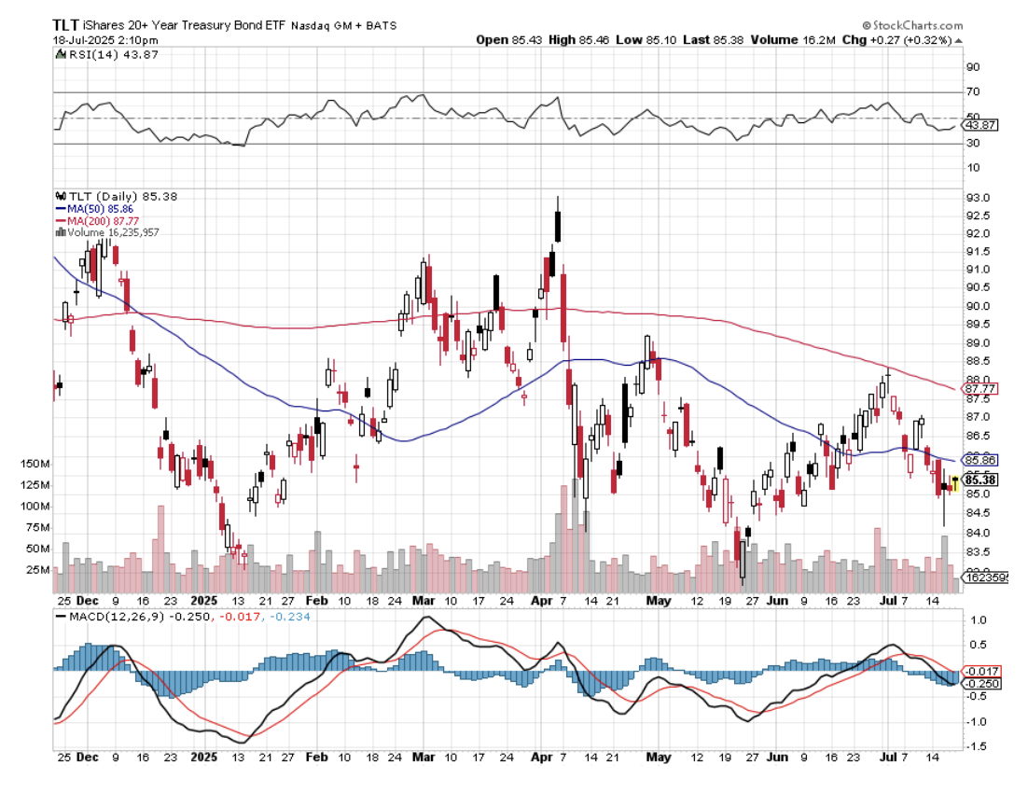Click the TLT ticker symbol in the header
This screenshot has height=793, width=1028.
point(65,25)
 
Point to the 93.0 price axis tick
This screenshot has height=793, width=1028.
point(979,198)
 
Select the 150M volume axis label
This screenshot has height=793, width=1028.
point(35,464)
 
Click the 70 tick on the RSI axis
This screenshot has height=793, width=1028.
point(974,91)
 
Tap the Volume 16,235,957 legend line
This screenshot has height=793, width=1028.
point(110,231)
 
